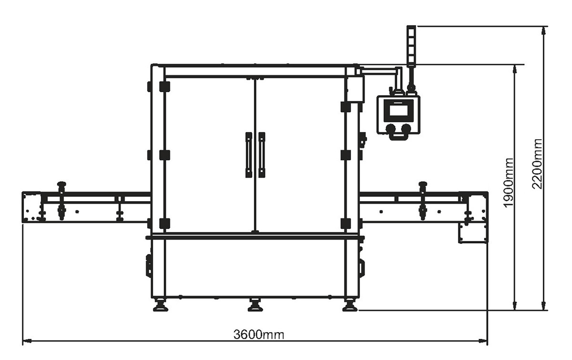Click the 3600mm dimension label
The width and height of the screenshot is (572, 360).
(x=259, y=334)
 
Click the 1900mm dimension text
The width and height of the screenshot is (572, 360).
(x=509, y=182)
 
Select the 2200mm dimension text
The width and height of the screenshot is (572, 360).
(x=537, y=163)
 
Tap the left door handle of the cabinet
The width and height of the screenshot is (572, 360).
(x=249, y=155)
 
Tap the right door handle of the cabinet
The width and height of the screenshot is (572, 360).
(x=262, y=155)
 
